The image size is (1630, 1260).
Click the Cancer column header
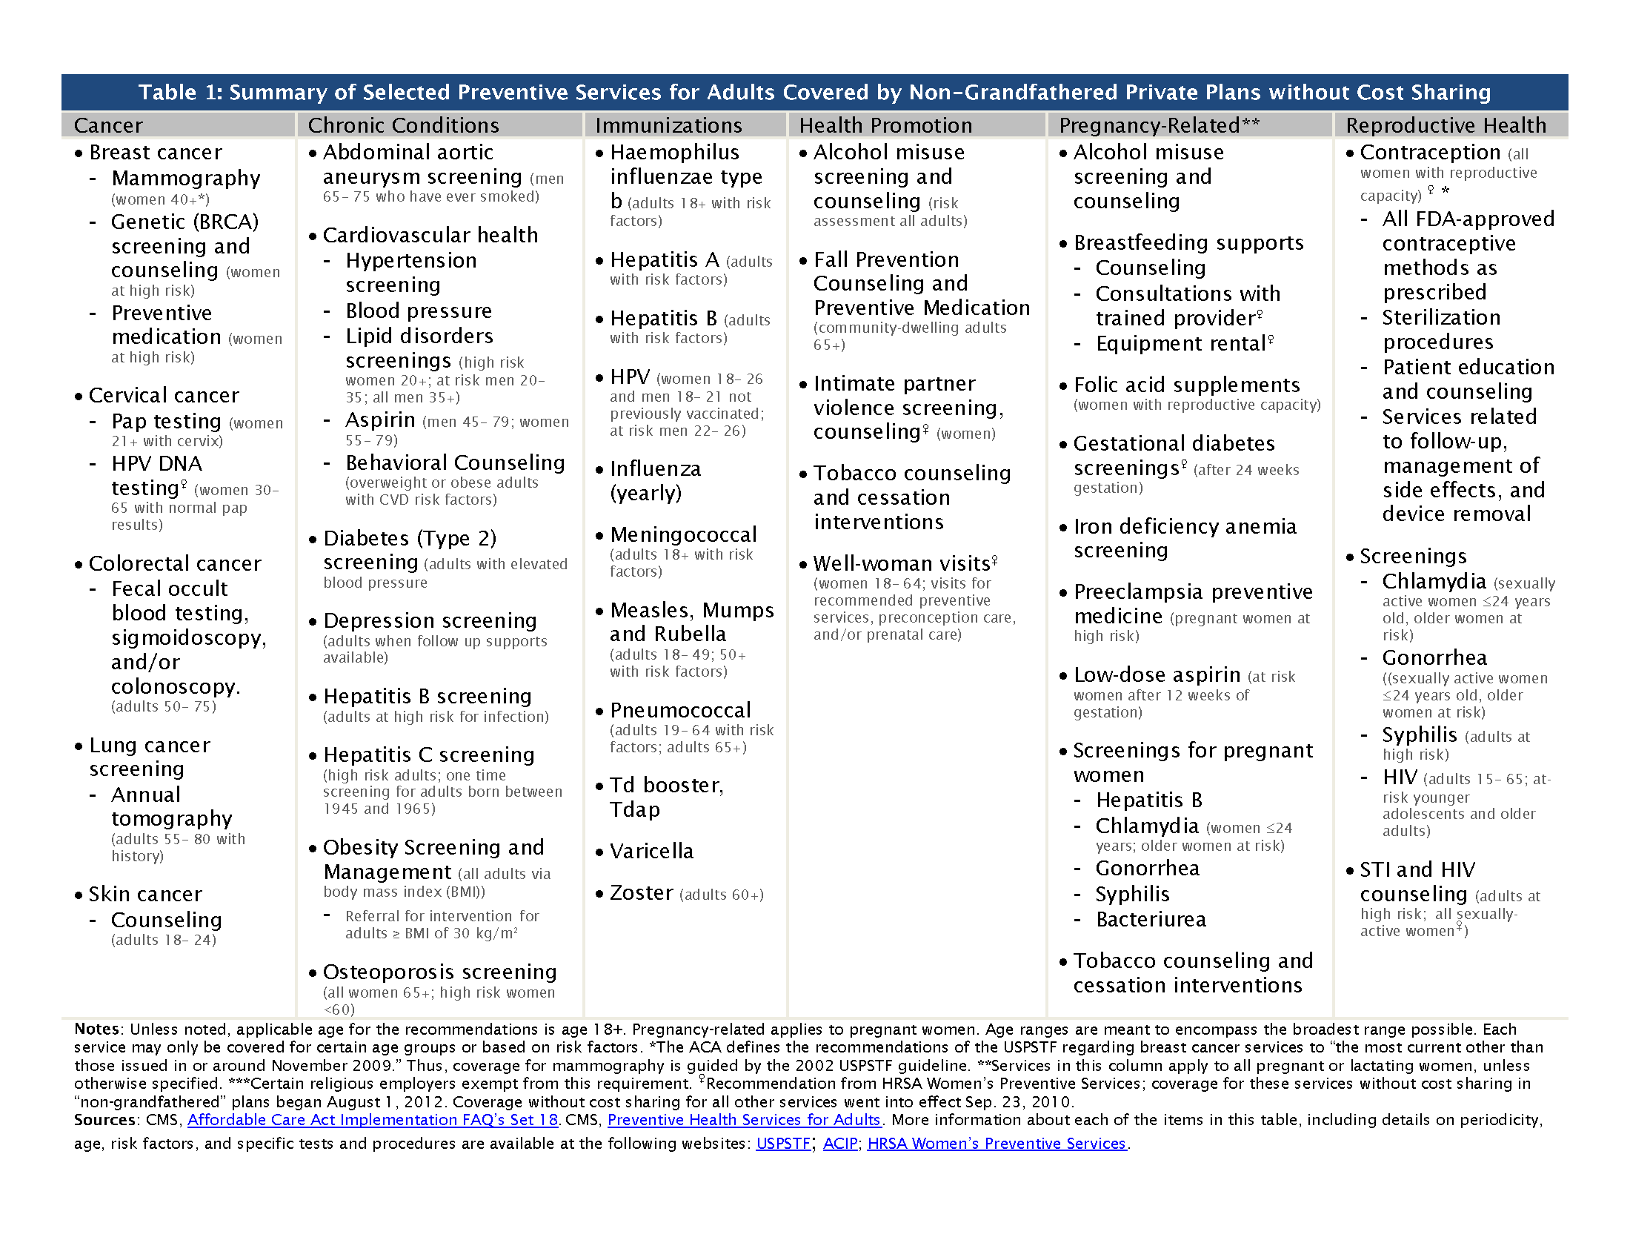[108, 125]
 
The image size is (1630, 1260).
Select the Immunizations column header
[668, 125]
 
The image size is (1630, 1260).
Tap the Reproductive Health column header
[1446, 125]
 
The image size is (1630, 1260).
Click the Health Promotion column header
[885, 125]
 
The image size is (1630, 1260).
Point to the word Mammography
[186, 179]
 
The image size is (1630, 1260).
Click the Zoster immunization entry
[641, 893]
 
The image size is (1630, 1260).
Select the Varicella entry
[651, 851]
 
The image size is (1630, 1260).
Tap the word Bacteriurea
[1151, 920]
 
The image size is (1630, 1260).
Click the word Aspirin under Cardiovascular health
[380, 420]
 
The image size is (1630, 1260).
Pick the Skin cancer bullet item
[144, 895]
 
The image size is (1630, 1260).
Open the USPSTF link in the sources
[783, 1144]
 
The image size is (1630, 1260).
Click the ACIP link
[840, 1144]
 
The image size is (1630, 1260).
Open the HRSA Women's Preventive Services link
[997, 1144]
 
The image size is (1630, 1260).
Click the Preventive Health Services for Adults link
[744, 1120]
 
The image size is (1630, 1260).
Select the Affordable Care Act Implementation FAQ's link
[373, 1120]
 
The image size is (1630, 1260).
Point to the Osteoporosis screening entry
[439, 972]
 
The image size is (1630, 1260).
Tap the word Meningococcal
[683, 534]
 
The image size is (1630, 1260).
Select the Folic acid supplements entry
[1187, 385]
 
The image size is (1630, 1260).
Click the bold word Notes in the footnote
[96, 1029]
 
